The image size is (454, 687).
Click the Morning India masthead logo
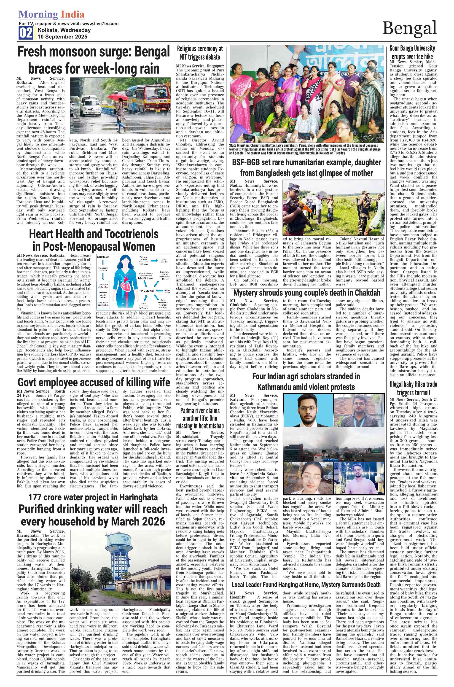(x=51, y=14)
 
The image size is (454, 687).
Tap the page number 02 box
(x=26, y=33)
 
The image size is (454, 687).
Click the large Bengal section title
(x=409, y=28)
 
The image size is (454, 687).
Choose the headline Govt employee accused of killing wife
(x=94, y=382)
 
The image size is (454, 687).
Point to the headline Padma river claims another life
(x=200, y=418)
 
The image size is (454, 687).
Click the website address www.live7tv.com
(x=100, y=24)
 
